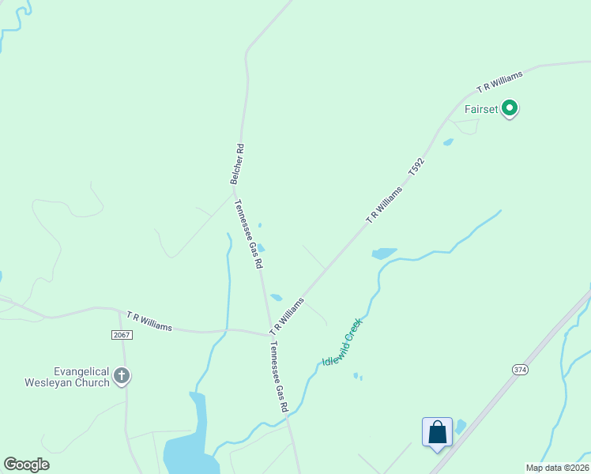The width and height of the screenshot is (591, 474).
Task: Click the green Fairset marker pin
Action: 510,108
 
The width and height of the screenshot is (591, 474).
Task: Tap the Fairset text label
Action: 481,109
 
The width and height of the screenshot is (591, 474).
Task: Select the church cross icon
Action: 121,376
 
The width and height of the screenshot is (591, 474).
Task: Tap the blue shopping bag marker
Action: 437,433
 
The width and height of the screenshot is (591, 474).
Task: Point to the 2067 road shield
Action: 122,335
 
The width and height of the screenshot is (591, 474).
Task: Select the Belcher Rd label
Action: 236,164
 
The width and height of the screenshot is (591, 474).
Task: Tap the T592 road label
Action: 416,166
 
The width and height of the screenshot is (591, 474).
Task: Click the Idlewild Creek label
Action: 342,342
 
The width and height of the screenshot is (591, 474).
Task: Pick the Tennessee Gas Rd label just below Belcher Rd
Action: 248,234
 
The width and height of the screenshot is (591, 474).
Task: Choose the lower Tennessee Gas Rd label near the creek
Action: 279,377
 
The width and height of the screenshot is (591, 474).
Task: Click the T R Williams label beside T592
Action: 384,204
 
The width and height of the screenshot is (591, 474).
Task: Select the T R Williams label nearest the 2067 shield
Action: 149,322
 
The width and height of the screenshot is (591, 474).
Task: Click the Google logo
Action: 26,465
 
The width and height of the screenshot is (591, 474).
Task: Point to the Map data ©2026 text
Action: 557,468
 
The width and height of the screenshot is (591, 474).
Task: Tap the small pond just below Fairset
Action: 448,142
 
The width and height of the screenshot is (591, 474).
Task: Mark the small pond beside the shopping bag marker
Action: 461,427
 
